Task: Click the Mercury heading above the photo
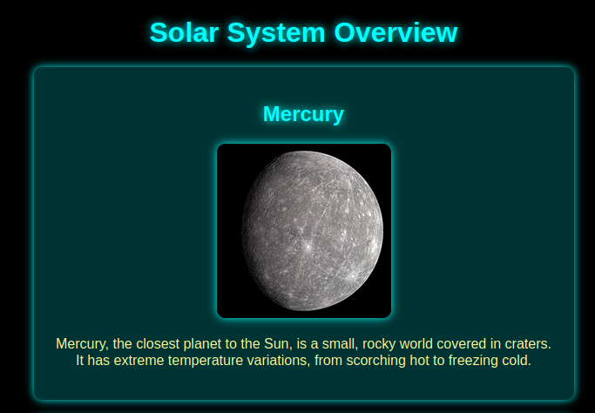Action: click(x=303, y=114)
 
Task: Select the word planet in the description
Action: click(x=215, y=344)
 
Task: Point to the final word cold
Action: click(x=516, y=360)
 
